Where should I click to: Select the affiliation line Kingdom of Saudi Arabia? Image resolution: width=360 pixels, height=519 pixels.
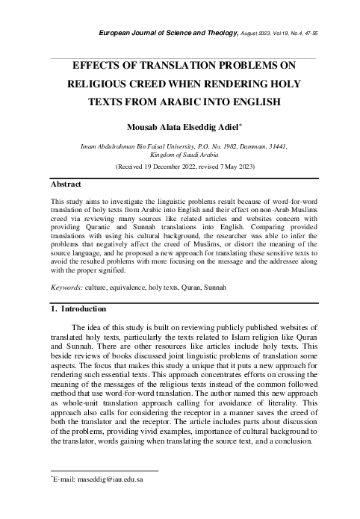[x=180, y=155]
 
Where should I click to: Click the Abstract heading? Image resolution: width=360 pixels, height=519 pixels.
[x=66, y=183]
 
